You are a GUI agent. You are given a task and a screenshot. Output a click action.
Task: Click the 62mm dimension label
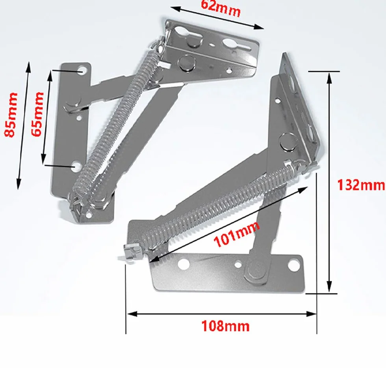click(x=221, y=8)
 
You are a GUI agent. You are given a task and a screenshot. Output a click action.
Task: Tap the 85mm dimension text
click(x=11, y=115)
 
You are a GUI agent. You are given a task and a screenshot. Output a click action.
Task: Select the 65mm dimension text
click(x=37, y=114)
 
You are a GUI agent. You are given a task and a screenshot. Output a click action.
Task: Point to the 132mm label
click(x=360, y=185)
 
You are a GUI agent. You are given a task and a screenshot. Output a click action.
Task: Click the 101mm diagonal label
click(x=237, y=234)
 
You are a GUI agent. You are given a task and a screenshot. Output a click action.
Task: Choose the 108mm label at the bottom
click(x=225, y=326)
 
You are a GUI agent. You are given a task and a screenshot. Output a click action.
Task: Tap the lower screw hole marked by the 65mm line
click(x=76, y=167)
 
